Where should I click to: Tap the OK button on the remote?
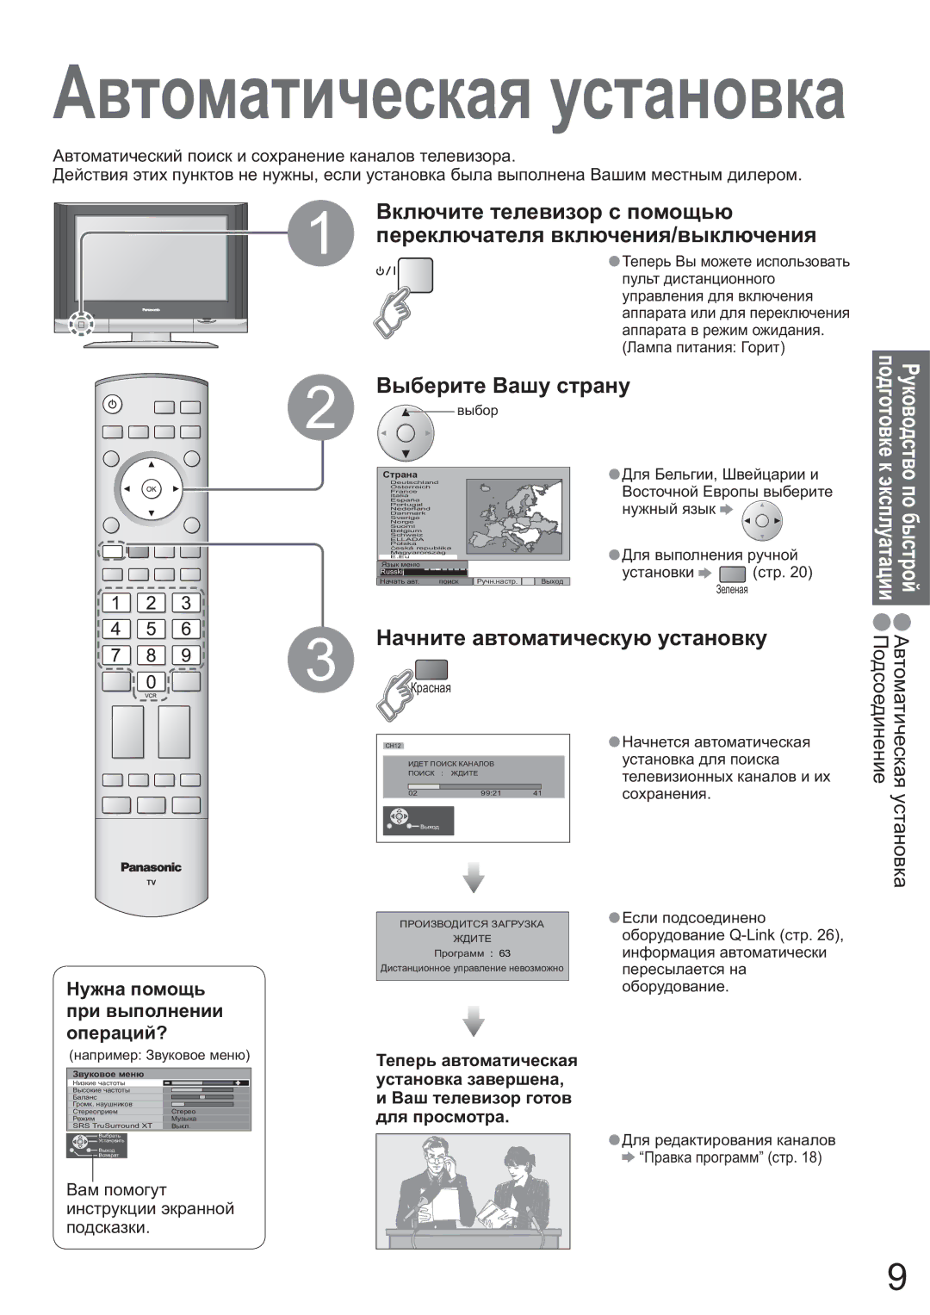(152, 489)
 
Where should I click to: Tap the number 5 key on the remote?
(151, 629)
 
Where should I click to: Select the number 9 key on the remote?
(185, 654)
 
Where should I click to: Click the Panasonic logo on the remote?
(151, 867)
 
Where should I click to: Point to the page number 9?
(896, 1278)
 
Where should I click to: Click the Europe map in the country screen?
(514, 517)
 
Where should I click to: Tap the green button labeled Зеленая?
(731, 574)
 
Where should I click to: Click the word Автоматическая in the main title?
(292, 96)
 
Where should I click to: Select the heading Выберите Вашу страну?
(503, 385)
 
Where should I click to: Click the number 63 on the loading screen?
(505, 953)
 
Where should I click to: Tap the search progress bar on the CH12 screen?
(474, 785)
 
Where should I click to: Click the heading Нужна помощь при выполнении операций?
(145, 1010)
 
